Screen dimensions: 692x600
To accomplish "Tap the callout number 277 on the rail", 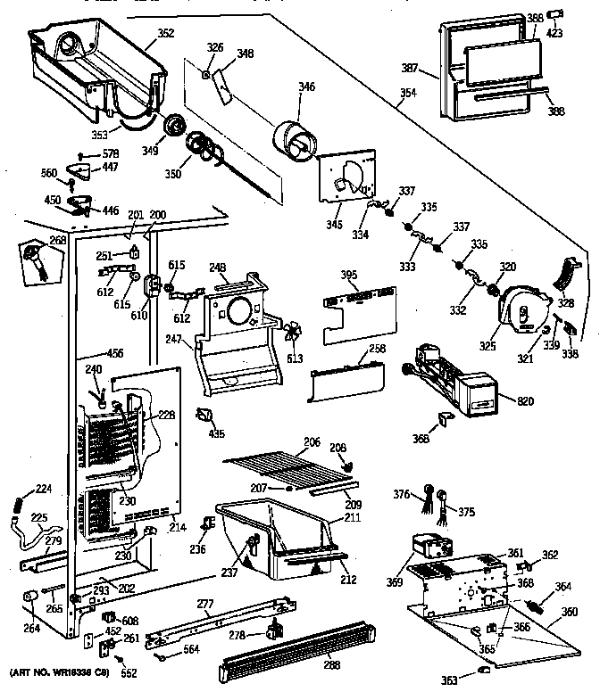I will click(x=205, y=605).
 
